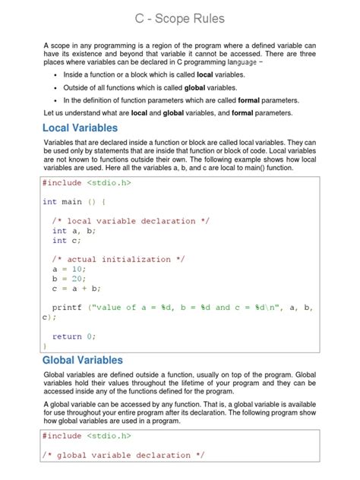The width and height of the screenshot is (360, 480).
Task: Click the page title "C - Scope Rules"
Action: pyautogui.click(x=180, y=17)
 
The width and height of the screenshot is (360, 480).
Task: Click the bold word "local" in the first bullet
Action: pyautogui.click(x=205, y=75)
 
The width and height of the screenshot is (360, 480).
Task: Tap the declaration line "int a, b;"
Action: pyautogui.click(x=74, y=230)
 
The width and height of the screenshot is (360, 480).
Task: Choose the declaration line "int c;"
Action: pyautogui.click(x=67, y=240)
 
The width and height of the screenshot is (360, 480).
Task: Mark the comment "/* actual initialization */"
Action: pyautogui.click(x=118, y=259)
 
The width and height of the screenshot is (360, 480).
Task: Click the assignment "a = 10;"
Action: pyautogui.click(x=69, y=269)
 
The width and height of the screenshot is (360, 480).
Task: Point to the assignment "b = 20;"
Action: pyautogui.click(x=69, y=278)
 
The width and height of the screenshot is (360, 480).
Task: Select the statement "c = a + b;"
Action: pyautogui.click(x=77, y=288)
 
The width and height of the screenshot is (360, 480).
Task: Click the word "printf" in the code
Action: pyautogui.click(x=68, y=307)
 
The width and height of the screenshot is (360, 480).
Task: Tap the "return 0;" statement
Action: pyautogui.click(x=74, y=336)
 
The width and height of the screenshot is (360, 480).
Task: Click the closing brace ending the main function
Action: pyautogui.click(x=45, y=346)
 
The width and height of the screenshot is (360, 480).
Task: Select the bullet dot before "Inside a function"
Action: pyautogui.click(x=55, y=76)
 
